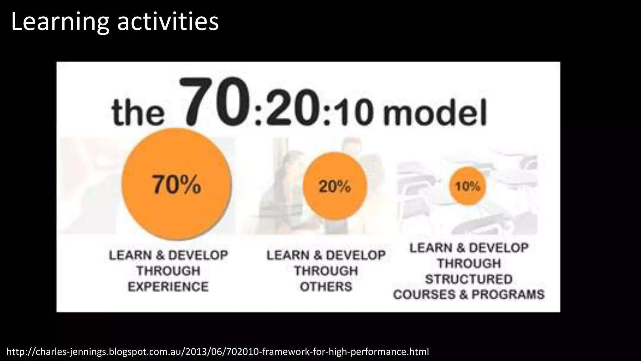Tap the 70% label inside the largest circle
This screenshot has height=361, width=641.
click(x=177, y=185)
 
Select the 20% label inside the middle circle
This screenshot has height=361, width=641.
click(x=335, y=186)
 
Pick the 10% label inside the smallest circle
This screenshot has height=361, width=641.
click(x=467, y=186)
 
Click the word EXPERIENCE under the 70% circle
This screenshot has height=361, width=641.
click(x=168, y=287)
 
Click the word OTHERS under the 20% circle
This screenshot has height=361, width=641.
click(x=326, y=287)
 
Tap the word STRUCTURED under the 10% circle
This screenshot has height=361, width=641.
click(x=469, y=279)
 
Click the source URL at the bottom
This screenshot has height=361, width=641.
click(x=218, y=352)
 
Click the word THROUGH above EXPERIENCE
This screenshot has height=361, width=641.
click(x=168, y=271)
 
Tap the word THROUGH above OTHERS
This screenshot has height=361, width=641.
click(x=326, y=271)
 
